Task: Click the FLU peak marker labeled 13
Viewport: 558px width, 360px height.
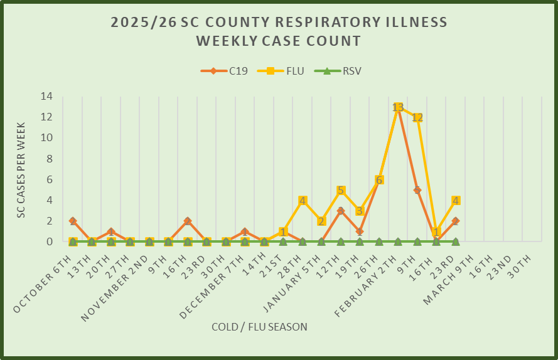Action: click(x=397, y=107)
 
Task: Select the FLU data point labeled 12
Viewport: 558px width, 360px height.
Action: click(x=417, y=117)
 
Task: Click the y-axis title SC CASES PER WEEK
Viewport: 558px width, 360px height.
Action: click(x=21, y=169)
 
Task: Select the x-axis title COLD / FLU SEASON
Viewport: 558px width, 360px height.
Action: click(x=259, y=327)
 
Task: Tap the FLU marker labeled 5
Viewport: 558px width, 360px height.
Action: click(x=340, y=191)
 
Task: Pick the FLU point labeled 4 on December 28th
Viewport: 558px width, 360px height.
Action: click(x=302, y=201)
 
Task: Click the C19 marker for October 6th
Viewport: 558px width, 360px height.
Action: click(x=73, y=221)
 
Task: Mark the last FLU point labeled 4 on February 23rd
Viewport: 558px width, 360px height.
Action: click(x=455, y=201)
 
